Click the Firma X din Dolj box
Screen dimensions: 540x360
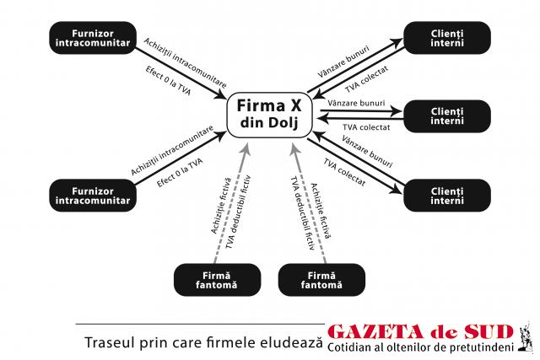[269, 115]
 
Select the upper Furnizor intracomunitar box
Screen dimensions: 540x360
[93, 38]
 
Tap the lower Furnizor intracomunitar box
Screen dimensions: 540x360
[93, 196]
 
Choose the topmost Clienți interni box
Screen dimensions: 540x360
[447, 38]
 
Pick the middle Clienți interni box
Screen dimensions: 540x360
[447, 116]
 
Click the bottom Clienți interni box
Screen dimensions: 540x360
[447, 196]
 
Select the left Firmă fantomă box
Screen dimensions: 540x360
[217, 280]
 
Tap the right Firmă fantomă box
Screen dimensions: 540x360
[321, 280]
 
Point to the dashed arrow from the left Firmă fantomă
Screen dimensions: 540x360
[231, 203]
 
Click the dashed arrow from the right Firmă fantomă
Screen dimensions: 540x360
[309, 203]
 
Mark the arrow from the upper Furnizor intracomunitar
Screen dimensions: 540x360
[181, 73]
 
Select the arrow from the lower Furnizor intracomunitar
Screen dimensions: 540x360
[181, 158]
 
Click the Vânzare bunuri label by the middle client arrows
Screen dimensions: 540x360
[356, 103]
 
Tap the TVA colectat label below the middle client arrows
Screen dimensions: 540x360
[366, 127]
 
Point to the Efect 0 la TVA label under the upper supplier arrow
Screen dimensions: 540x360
[168, 81]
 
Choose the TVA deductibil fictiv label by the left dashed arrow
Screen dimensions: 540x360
[238, 212]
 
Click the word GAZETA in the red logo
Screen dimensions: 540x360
[375, 331]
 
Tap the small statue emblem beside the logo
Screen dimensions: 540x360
[526, 336]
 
